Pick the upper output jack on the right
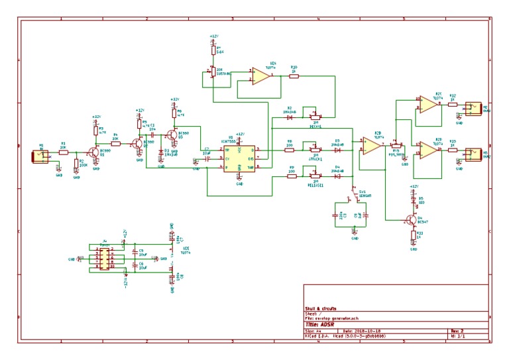(473, 107)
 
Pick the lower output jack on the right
(473, 154)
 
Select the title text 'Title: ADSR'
(323, 324)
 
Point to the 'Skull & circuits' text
(321, 309)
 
